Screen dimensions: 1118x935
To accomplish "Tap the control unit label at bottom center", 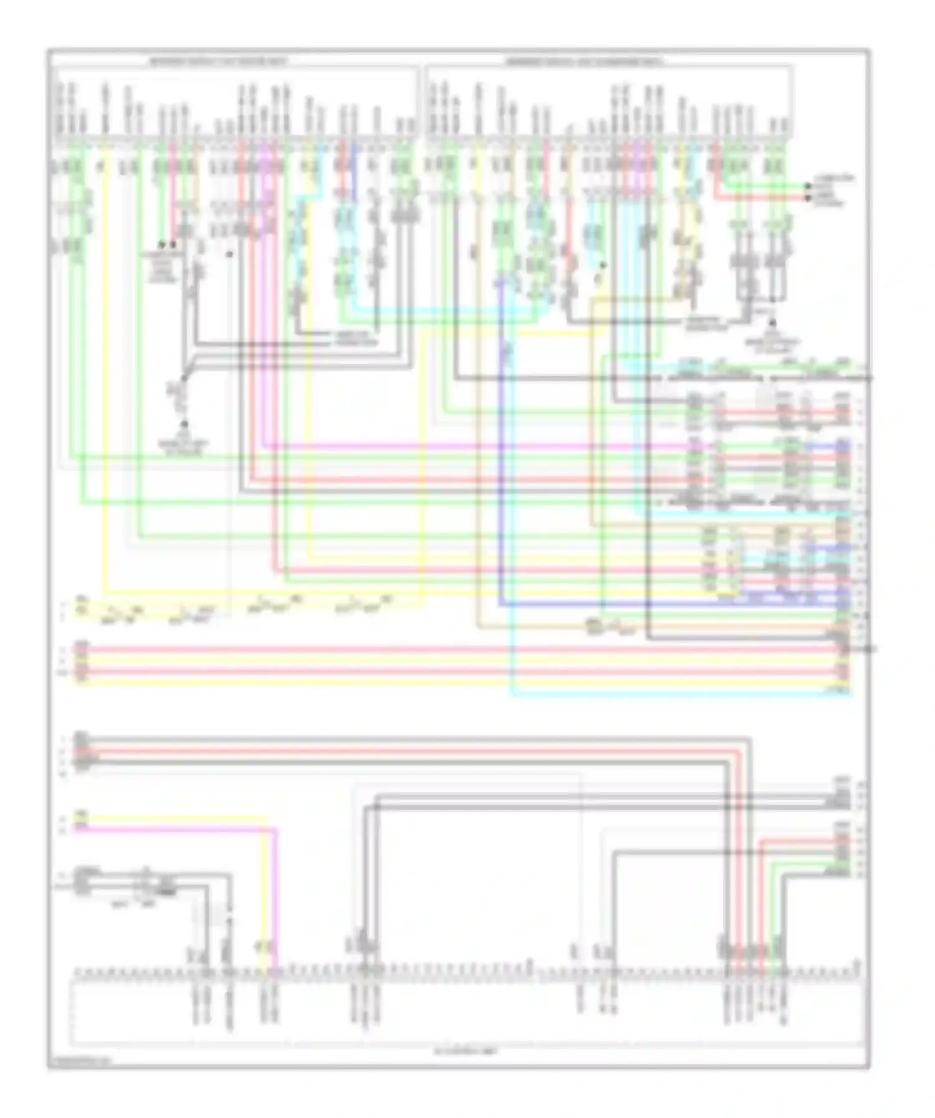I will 467,1051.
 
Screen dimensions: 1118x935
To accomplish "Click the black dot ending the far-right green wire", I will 808,186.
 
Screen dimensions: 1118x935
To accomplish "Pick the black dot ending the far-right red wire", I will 808,197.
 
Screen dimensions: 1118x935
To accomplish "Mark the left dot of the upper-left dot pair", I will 161,245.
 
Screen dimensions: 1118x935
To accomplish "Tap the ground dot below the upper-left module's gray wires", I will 185,425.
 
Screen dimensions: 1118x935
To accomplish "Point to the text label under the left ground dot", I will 185,447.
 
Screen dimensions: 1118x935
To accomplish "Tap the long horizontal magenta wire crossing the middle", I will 474,447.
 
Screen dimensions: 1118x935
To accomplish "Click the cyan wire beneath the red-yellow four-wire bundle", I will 679,693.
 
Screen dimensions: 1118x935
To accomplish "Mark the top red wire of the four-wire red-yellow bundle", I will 461,650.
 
